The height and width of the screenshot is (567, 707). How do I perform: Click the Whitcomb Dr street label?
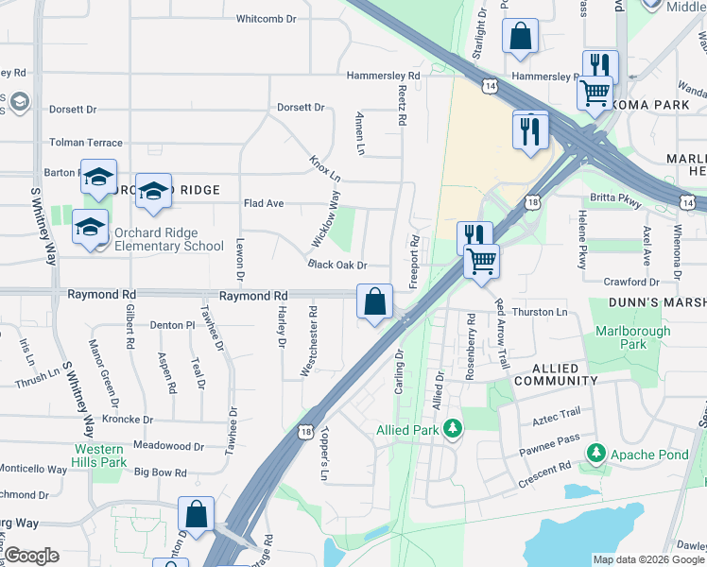point(266,18)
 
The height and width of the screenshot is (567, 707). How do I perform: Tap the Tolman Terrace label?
point(86,143)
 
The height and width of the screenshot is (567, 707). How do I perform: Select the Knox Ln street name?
point(324,165)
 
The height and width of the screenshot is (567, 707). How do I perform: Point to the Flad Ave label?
point(264,203)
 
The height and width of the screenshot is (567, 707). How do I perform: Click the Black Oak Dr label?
point(336,266)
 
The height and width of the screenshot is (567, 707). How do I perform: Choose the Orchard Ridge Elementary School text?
point(168,240)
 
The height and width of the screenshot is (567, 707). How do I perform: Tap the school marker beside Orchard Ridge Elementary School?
point(91,227)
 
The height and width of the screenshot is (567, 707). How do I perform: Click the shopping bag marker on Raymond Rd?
point(375,302)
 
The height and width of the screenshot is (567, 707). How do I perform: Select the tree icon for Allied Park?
point(454,430)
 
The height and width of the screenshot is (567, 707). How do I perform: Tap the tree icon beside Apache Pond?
point(595,455)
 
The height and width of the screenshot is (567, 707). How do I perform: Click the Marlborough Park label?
point(632,338)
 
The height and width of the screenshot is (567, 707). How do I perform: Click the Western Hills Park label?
point(99,455)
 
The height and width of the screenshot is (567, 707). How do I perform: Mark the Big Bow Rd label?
point(163,472)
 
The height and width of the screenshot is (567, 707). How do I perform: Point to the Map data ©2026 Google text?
point(647,560)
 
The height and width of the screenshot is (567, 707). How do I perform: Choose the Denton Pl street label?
point(172,325)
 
